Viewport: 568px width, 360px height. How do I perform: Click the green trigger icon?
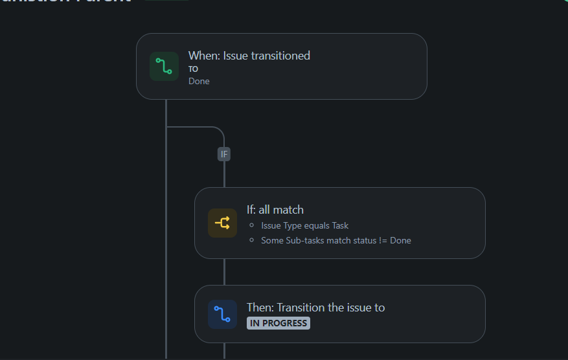coord(164,67)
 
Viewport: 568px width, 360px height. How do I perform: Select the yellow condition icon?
coord(222,223)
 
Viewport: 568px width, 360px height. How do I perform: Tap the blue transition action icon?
coord(222,315)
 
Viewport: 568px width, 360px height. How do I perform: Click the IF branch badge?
coord(224,154)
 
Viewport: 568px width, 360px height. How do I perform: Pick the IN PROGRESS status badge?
coord(278,323)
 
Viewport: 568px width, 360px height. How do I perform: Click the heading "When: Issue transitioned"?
coord(249,56)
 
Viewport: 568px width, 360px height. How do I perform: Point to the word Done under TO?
coord(199,81)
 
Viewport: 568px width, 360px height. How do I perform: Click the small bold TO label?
coord(193,69)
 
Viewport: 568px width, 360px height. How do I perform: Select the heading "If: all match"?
coord(275,210)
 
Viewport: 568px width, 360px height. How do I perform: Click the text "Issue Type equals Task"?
coord(304,225)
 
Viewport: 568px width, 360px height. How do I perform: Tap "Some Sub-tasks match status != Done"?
coord(335,240)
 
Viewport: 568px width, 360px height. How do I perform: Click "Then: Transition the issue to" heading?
coord(315,308)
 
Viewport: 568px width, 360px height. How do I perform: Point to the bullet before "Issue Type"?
coord(251,225)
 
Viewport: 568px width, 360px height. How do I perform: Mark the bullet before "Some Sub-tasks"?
coord(251,240)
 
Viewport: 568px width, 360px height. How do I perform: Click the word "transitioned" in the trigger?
coord(281,56)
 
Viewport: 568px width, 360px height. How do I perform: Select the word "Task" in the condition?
coord(340,225)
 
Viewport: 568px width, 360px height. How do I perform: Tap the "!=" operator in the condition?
coord(382,240)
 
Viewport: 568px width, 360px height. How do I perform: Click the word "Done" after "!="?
coord(400,240)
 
